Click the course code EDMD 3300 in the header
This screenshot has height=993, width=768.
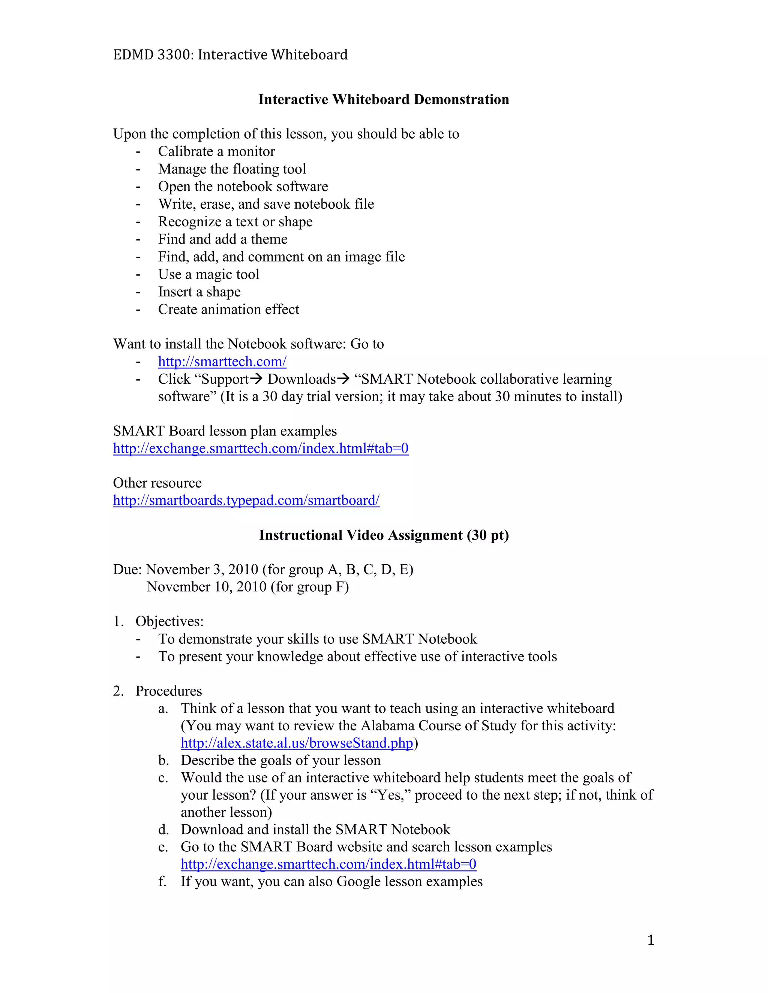[151, 55]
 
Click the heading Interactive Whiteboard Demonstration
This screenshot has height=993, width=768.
[384, 100]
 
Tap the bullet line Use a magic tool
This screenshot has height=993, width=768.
[208, 275]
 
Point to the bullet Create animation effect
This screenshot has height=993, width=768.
[228, 310]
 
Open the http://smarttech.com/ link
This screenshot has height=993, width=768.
[222, 362]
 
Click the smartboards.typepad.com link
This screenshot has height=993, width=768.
[246, 501]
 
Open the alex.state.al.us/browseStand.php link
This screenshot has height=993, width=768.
[297, 743]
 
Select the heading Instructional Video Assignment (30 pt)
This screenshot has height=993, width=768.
[384, 535]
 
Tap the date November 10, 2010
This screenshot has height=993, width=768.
[207, 587]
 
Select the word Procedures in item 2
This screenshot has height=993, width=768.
[168, 691]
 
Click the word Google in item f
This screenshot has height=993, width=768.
[358, 882]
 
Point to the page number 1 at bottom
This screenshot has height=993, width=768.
[651, 940]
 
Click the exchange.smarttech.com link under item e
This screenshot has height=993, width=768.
[328, 864]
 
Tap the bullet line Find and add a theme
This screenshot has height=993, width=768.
[222, 239]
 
